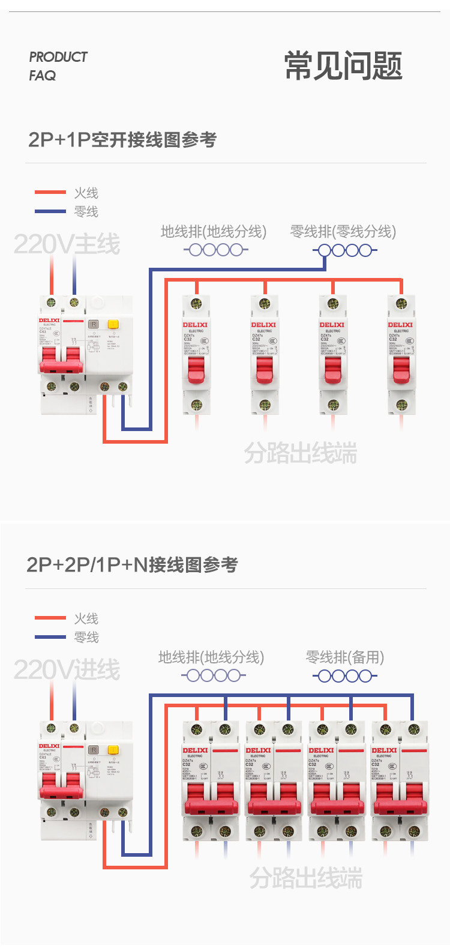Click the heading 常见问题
(x=343, y=66)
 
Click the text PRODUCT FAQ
(x=58, y=66)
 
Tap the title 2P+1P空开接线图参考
(x=122, y=140)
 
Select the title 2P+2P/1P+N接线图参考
(x=132, y=565)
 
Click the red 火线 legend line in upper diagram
(x=50, y=192)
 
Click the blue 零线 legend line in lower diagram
(x=50, y=637)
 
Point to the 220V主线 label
(x=67, y=244)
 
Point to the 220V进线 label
(x=67, y=670)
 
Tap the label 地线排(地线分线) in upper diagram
(x=213, y=232)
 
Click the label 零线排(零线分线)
(x=343, y=232)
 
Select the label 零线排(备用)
(x=344, y=657)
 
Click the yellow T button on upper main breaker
(x=112, y=324)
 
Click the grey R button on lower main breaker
(x=93, y=750)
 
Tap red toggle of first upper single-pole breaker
(x=196, y=370)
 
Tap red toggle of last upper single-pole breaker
(x=401, y=370)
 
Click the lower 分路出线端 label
(x=305, y=878)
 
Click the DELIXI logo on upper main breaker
(x=49, y=321)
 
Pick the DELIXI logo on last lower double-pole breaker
(x=384, y=750)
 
